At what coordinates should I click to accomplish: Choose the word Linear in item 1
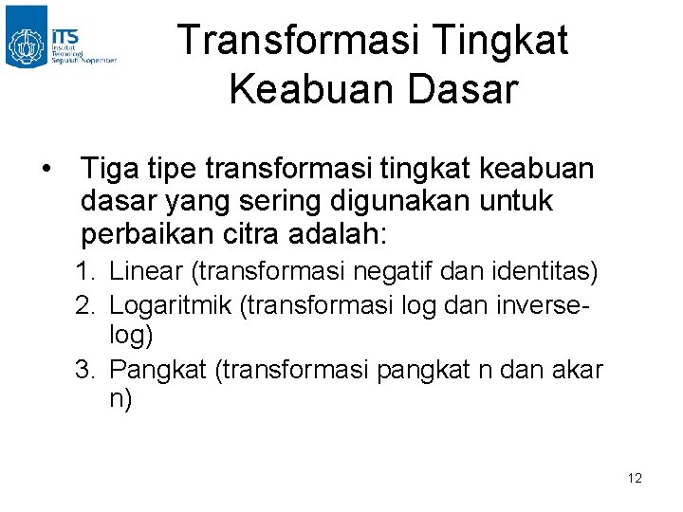point(147,272)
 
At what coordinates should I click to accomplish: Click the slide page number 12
point(635,478)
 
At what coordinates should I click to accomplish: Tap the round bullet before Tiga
point(46,171)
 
